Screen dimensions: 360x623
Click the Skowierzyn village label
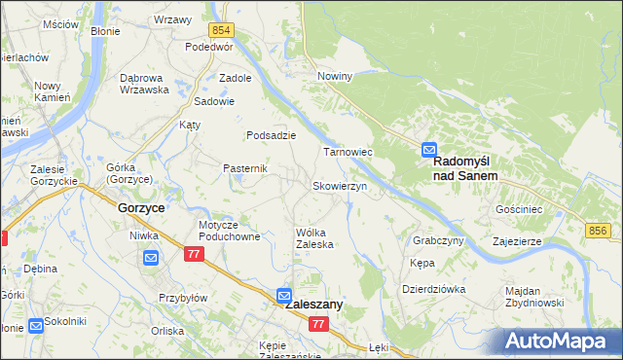click(339, 185)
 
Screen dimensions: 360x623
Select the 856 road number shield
click(599, 230)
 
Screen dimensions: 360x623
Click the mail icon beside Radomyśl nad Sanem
click(429, 150)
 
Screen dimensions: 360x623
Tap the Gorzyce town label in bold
click(140, 208)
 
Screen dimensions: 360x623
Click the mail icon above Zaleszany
click(283, 294)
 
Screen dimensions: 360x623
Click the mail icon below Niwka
click(151, 257)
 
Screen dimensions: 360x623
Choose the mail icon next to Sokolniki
click(36, 325)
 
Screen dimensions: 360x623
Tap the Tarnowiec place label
click(348, 153)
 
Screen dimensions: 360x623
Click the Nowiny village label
click(334, 75)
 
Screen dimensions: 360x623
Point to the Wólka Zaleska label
click(315, 238)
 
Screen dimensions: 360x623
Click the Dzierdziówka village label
click(433, 289)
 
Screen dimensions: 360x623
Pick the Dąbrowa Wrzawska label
click(144, 84)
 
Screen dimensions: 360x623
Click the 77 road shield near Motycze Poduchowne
click(193, 253)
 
